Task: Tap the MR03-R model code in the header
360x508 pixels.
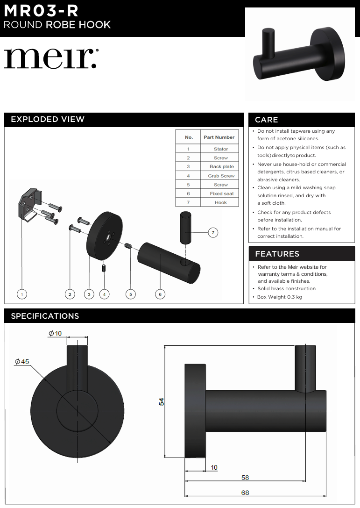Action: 41,11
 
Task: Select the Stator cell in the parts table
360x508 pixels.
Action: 221,149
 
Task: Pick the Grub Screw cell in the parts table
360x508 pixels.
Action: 221,176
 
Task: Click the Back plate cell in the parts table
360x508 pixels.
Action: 221,167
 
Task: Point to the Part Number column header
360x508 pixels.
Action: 219,137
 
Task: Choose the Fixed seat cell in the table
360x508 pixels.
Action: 221,194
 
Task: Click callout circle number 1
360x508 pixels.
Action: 22,294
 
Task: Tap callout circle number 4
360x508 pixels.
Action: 105,294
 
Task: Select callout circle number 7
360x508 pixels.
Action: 213,232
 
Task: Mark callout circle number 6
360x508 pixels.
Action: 160,294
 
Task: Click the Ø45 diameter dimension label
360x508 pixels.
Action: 22,362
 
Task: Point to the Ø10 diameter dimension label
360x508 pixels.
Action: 55,334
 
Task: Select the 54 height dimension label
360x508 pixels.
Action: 162,401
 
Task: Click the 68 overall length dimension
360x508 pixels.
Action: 245,492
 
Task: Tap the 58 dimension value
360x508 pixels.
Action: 245,478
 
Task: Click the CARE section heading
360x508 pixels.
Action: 267,120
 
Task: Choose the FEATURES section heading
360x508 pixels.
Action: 277,254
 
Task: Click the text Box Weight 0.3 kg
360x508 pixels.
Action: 280,297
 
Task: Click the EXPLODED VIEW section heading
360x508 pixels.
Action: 48,120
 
